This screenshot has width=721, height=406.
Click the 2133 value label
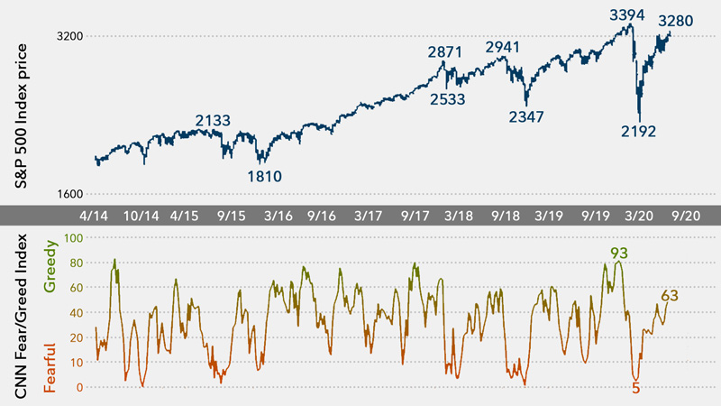[x=213, y=120]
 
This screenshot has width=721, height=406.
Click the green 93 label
[x=618, y=253]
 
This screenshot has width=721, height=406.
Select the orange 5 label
[x=635, y=389]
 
